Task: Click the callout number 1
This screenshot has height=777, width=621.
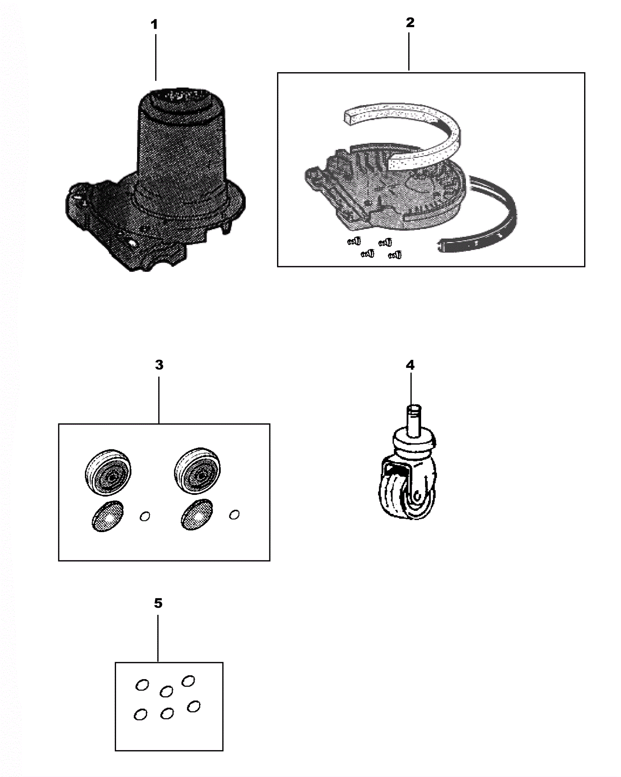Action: [154, 25]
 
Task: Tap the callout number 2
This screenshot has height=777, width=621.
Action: [410, 23]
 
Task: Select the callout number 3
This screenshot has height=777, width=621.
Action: [159, 365]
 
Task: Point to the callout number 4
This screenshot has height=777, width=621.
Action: [410, 365]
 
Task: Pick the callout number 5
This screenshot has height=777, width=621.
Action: [158, 603]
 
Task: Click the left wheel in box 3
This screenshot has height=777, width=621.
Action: [108, 472]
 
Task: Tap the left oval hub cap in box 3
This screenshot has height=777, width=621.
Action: [108, 516]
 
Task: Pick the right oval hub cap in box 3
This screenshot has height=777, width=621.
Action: [197, 515]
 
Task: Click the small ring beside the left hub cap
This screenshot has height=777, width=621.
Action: [145, 516]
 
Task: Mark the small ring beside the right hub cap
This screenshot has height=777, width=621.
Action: [234, 515]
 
